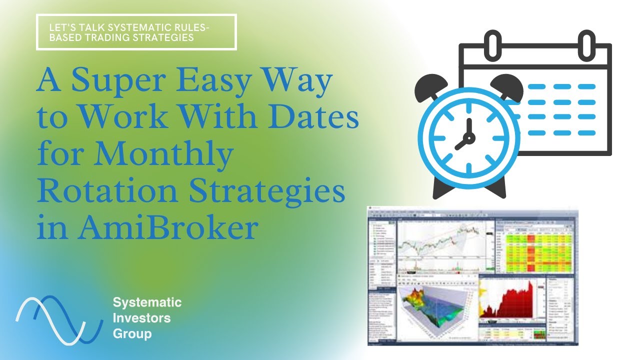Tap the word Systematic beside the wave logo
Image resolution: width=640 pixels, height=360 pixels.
click(147, 302)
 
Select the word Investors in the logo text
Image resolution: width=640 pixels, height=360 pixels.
click(141, 317)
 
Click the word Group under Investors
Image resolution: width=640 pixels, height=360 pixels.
click(132, 333)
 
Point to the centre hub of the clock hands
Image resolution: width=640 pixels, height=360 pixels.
click(469, 136)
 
